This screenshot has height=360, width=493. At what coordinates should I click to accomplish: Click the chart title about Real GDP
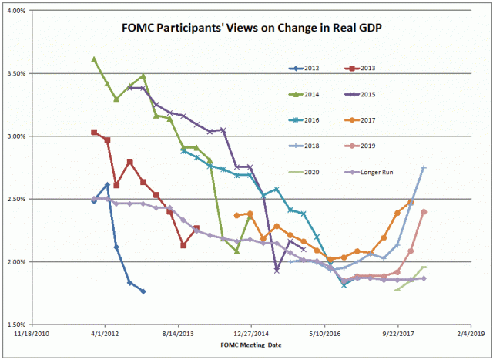[x=246, y=29]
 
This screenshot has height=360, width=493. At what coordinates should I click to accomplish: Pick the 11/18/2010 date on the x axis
[x=33, y=335]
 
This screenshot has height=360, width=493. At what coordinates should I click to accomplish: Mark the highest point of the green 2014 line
[x=94, y=59]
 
